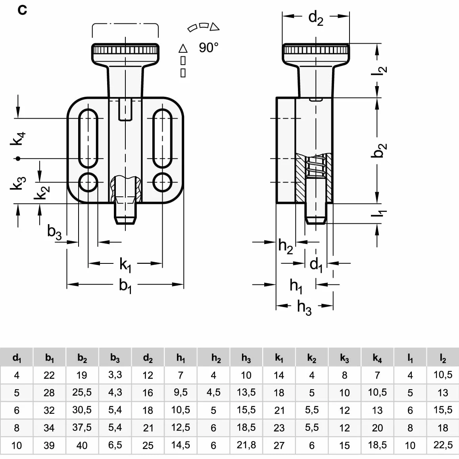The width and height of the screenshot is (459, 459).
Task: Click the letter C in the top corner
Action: click(x=22, y=10)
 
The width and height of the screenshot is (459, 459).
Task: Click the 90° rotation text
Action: click(x=208, y=48)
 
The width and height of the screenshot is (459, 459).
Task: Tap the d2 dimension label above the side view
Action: click(x=316, y=18)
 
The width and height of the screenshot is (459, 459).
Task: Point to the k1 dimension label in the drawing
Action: click(x=125, y=265)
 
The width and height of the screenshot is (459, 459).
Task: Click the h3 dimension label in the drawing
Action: click(x=304, y=307)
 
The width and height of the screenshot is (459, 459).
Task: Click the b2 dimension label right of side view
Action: click(x=379, y=150)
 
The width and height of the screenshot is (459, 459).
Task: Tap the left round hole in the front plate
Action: click(x=88, y=182)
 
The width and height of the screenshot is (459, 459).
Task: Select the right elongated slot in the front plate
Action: click(x=163, y=138)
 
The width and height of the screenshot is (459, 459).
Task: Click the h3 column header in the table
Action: click(x=246, y=358)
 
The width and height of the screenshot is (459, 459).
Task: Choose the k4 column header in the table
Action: click(x=377, y=358)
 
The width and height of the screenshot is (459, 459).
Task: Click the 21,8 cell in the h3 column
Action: click(x=246, y=445)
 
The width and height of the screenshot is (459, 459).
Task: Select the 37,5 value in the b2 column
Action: click(x=82, y=427)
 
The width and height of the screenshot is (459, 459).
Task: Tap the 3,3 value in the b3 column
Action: click(x=115, y=375)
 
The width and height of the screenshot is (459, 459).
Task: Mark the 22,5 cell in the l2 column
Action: click(x=443, y=445)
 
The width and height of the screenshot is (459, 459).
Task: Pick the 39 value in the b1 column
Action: click(x=49, y=445)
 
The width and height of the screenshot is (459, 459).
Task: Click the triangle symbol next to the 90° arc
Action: click(x=215, y=27)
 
